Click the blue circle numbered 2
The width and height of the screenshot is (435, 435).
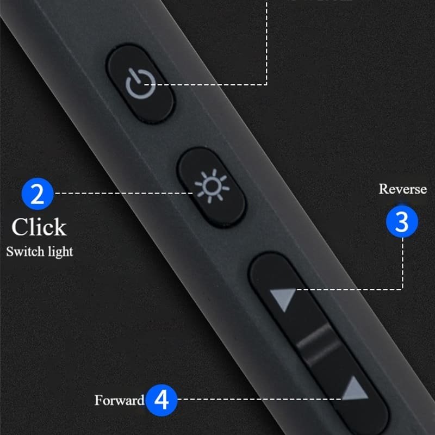[x=37, y=194]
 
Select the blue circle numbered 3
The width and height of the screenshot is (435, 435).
[x=401, y=222]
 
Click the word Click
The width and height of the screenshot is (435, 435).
[x=39, y=227]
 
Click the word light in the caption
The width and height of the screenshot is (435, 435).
[x=60, y=251]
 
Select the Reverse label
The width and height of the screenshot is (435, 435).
[x=402, y=189]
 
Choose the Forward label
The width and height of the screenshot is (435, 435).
[x=119, y=400]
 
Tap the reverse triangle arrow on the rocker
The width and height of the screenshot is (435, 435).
[x=283, y=299]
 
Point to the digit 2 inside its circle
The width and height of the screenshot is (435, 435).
[x=37, y=194]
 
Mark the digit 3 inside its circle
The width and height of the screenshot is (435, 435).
[x=401, y=222]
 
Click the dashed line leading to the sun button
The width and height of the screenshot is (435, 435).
[x=125, y=193]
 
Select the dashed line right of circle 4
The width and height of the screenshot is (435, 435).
[x=256, y=400]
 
